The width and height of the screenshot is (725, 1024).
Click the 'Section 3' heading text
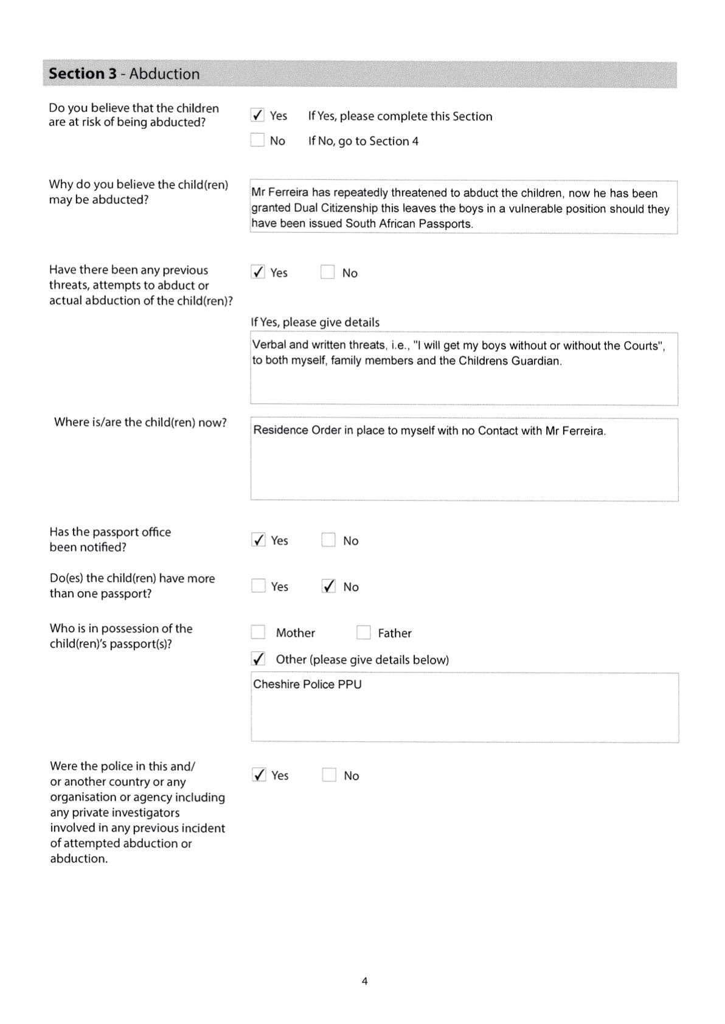click(x=83, y=74)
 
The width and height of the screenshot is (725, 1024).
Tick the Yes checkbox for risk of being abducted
click(x=258, y=115)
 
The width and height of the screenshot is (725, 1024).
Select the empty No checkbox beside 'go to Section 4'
click(x=258, y=140)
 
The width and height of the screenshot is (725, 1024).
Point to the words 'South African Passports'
click(x=408, y=224)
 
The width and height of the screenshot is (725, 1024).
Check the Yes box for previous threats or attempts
click(x=258, y=272)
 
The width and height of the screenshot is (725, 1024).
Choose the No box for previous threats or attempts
click(x=328, y=272)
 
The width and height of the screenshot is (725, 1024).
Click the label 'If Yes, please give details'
click(x=315, y=322)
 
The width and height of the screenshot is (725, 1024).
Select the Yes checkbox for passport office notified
click(x=258, y=540)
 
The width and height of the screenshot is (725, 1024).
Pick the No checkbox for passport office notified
click(x=328, y=540)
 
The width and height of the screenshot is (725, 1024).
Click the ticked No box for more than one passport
click(x=328, y=586)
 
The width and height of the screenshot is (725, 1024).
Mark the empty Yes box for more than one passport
click(x=258, y=586)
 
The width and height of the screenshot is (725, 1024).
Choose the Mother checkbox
click(x=258, y=632)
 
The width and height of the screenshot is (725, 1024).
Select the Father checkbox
click(x=364, y=632)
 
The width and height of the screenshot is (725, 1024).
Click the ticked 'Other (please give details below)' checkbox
click(x=258, y=659)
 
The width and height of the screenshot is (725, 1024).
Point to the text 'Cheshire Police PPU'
click(x=307, y=684)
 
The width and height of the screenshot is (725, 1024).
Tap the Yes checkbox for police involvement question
click(x=259, y=775)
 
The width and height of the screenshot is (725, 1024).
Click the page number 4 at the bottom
click(x=364, y=981)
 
